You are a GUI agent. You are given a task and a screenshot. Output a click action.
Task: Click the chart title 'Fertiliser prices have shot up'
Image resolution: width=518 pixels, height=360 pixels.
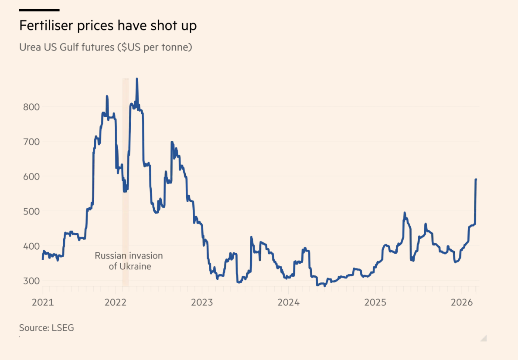[x=108, y=26]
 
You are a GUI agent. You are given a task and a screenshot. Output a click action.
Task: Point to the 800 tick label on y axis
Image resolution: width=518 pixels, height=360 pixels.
[x=31, y=107]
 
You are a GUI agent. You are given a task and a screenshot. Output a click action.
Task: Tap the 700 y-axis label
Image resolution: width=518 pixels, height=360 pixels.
[x=31, y=142]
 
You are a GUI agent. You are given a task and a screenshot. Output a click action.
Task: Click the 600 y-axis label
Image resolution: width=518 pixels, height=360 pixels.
[x=31, y=177]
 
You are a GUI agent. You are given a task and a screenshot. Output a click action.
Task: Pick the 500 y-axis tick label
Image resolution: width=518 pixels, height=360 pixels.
[x=31, y=211]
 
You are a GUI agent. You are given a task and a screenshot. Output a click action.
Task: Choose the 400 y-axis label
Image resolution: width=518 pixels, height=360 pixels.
[x=31, y=246]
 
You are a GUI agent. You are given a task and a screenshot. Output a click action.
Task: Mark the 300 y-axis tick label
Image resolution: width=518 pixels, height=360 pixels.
[x=31, y=281]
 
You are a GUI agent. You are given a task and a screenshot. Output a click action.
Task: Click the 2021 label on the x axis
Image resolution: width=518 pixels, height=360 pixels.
[x=43, y=302]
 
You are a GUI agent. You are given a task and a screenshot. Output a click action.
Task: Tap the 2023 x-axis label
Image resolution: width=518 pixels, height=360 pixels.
[x=202, y=302]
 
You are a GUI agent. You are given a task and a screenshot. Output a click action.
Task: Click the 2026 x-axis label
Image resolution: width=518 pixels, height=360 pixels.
[x=462, y=302]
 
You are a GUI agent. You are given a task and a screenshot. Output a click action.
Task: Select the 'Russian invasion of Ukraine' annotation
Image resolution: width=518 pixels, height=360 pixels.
[x=129, y=261]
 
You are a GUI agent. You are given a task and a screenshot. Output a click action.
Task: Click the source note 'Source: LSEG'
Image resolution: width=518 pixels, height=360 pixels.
[x=47, y=328]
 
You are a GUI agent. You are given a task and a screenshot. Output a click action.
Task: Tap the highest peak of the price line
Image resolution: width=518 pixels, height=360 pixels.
[x=137, y=79]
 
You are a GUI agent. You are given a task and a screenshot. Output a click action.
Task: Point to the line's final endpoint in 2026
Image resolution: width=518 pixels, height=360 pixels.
[x=476, y=180]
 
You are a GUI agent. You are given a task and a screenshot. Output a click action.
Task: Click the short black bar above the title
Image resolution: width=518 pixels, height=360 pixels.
[x=39, y=10]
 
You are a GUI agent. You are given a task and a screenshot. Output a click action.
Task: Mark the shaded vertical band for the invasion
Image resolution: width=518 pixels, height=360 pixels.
[x=126, y=183]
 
